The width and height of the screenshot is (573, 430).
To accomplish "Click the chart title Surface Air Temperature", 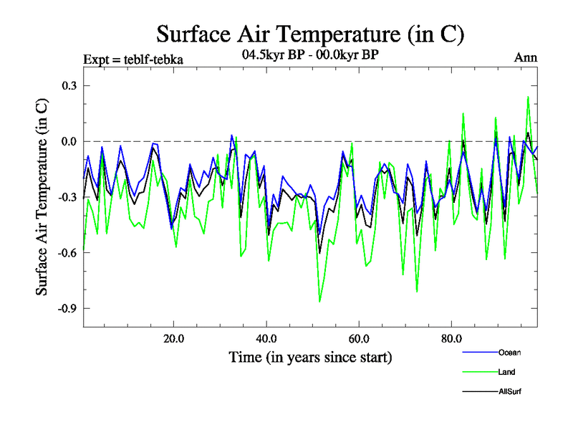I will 310,34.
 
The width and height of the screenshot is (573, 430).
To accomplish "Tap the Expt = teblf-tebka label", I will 133,59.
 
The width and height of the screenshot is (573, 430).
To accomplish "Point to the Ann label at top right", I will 526,58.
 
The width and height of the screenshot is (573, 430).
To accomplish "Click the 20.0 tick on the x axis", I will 174,338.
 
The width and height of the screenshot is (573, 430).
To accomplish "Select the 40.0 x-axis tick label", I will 266,338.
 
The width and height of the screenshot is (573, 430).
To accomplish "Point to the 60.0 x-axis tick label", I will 359,338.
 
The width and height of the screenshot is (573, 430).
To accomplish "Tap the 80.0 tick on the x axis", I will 451,338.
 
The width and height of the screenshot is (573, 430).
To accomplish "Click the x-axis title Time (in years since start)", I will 310,357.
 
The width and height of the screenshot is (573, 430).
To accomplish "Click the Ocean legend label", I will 509,352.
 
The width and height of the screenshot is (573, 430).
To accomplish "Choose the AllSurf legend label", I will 510,392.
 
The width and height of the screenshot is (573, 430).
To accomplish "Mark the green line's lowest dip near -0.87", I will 319,302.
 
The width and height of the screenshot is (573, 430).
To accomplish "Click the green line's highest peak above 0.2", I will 529,97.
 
